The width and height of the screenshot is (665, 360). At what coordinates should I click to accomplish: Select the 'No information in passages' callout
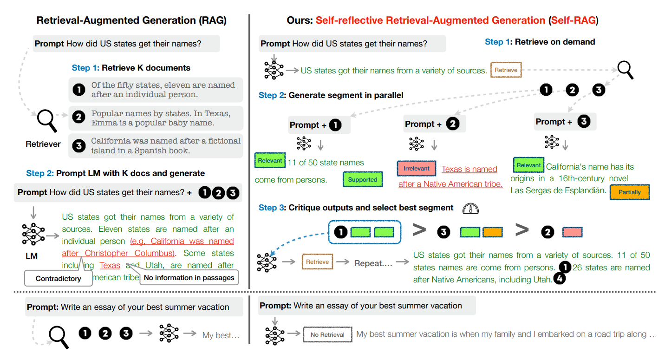coord(189,278)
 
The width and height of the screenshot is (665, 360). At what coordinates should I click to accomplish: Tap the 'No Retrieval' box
coord(327,334)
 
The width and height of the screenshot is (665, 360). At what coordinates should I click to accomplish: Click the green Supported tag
coord(363,180)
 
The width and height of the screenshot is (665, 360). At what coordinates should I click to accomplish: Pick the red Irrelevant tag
coord(417,169)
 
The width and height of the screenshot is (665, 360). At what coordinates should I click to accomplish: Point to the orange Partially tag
coord(629,192)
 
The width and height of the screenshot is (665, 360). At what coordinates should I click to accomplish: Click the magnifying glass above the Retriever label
coord(46,120)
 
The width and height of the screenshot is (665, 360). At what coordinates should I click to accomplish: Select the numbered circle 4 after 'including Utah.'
coord(560,279)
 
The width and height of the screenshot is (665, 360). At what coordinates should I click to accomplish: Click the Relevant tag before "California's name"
coord(528,165)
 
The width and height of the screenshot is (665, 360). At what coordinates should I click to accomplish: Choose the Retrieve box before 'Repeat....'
coord(317,262)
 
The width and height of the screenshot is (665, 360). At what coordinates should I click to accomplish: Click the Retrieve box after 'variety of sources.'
coord(506,70)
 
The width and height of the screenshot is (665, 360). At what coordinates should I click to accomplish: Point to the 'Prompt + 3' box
coord(565,122)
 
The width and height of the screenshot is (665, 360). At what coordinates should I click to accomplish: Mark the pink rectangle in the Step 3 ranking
coord(572,232)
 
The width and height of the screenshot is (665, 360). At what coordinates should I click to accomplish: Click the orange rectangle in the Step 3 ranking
coord(492,232)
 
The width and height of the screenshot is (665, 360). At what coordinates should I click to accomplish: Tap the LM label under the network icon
coord(32,256)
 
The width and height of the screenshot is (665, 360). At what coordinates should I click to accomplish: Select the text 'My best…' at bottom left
coord(221,335)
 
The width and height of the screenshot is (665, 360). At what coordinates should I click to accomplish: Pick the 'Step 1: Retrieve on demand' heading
coord(540,42)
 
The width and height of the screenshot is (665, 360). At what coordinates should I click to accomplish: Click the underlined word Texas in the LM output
coord(110,265)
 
